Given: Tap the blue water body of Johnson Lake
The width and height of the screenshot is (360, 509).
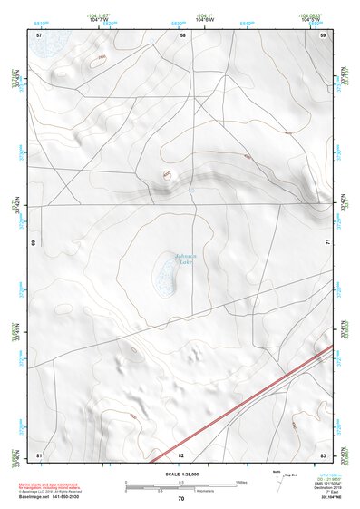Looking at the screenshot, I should point(164,271).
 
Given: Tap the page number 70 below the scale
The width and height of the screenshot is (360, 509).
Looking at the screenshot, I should point(180,499).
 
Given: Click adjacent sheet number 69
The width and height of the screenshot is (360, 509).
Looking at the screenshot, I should point(34,243).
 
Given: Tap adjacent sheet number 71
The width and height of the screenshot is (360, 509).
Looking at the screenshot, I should point(327,243).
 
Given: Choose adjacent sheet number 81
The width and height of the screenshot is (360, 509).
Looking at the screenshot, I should point(39,453).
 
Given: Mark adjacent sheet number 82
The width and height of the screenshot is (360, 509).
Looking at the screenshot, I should point(181,453).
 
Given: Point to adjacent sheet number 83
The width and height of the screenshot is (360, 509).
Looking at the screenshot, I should point(323,453).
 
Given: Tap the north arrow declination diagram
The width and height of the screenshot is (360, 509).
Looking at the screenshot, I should point(279,477).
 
